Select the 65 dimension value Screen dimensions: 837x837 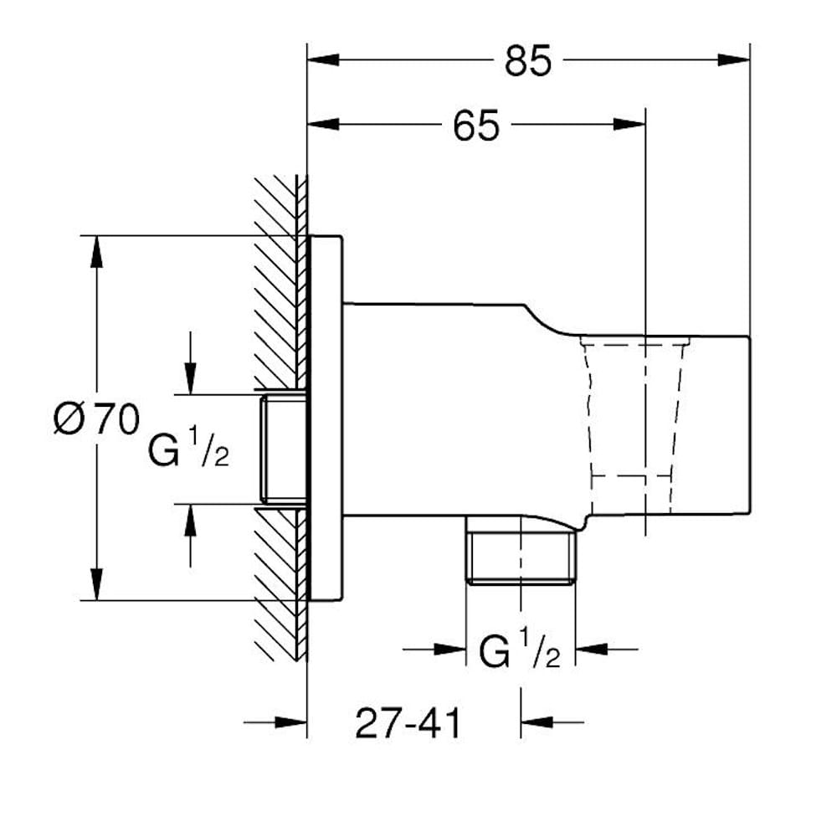pyautogui.click(x=476, y=126)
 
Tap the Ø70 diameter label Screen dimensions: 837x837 pyautogui.click(x=97, y=419)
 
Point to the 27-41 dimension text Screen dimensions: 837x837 pyautogui.click(x=408, y=724)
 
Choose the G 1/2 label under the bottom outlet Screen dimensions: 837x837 pyautogui.click(x=520, y=650)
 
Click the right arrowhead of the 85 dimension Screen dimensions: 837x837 pyautogui.click(x=734, y=59)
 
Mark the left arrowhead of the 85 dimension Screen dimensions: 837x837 pyautogui.click(x=323, y=59)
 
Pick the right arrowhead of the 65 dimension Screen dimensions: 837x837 pyautogui.click(x=629, y=125)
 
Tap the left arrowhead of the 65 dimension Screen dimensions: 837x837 pyautogui.click(x=323, y=125)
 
